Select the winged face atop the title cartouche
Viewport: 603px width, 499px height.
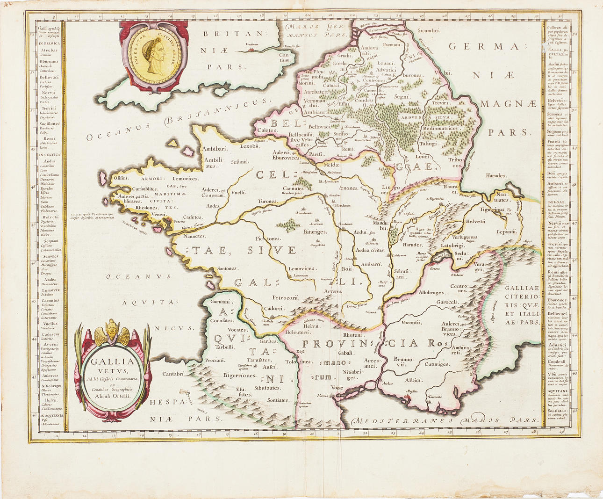[x=112, y=331]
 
